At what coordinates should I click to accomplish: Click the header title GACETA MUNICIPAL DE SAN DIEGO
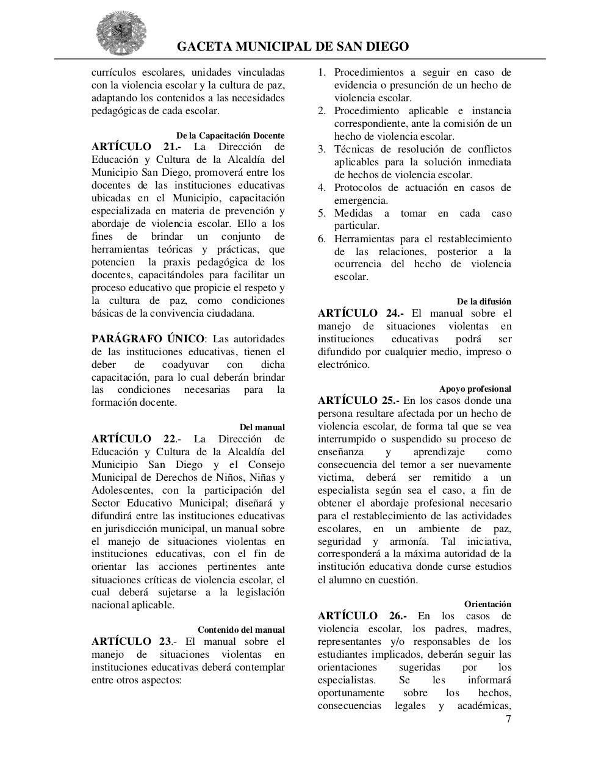[x=293, y=47]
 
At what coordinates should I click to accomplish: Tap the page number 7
[x=508, y=719]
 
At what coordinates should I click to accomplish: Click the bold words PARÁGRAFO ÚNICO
[x=148, y=339]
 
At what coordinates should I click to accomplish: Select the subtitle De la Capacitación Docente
[x=230, y=135]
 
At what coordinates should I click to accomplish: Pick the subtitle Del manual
[x=262, y=427]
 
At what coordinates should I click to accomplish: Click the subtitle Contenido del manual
[x=241, y=630]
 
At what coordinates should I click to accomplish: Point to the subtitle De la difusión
[x=484, y=301]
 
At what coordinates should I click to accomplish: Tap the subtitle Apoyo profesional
[x=475, y=389]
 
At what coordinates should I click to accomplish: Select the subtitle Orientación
[x=487, y=604]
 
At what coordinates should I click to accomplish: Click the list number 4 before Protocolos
[x=322, y=188]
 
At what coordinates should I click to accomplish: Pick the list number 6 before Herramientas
[x=322, y=239]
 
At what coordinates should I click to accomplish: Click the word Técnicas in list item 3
[x=353, y=149]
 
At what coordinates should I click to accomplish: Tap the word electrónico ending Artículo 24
[x=343, y=365]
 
